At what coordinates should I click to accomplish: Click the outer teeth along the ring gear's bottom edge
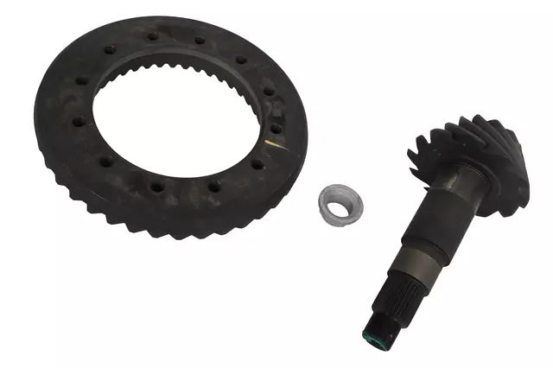[173, 226]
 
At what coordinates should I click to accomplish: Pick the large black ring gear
[78, 130]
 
